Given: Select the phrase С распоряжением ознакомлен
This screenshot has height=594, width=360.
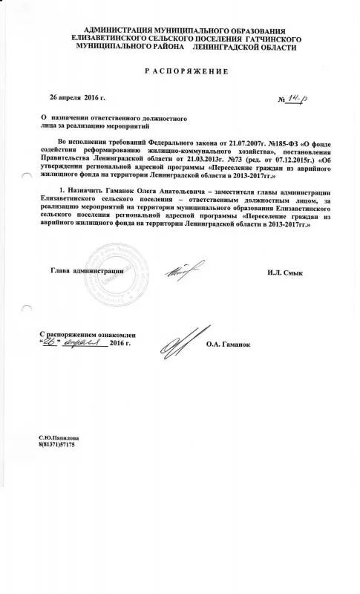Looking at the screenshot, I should pyautogui.click(x=84, y=335).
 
